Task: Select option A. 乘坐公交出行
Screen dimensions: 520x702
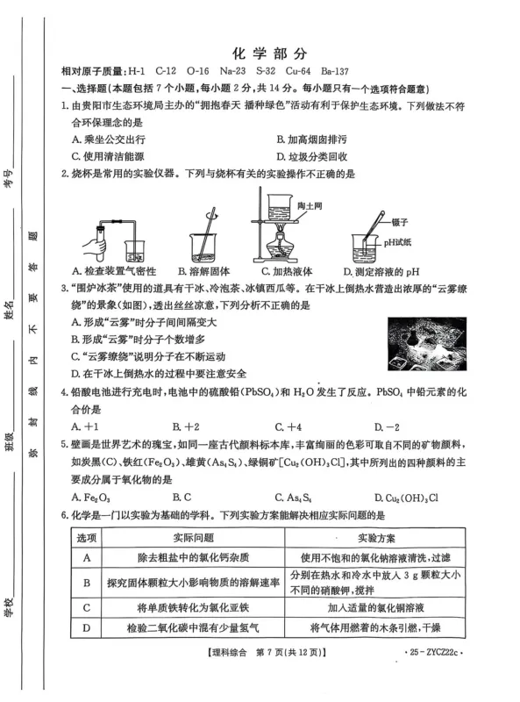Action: [109, 139]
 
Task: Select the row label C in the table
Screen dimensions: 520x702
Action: [87, 606]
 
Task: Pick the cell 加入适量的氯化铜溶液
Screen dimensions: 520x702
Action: [374, 606]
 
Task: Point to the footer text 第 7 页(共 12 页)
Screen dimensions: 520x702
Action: [280, 653]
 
